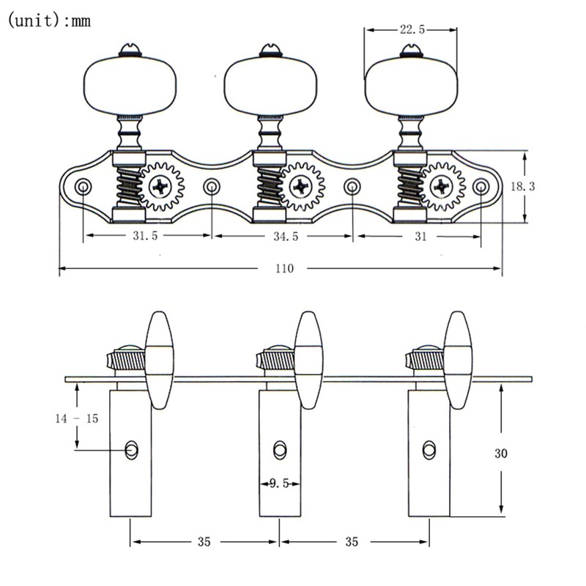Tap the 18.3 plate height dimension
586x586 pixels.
tap(544, 187)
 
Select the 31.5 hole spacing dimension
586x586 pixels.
tap(145, 237)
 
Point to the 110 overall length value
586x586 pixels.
tap(283, 269)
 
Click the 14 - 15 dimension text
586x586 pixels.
tap(77, 418)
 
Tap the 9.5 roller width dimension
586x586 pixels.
tap(279, 483)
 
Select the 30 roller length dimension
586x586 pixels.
tap(501, 453)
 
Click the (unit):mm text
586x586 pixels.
tap(49, 21)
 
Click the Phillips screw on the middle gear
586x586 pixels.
tap(302, 187)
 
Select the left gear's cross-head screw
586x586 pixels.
tap(160, 187)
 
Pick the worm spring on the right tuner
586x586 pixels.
tap(409, 187)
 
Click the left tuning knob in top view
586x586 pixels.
tap(129, 86)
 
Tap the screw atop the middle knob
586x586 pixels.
tap(268, 51)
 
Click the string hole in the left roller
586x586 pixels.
tap(131, 450)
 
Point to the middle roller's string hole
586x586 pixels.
tap(281, 450)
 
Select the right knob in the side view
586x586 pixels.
tap(457, 359)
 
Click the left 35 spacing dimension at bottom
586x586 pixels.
tap(204, 542)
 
